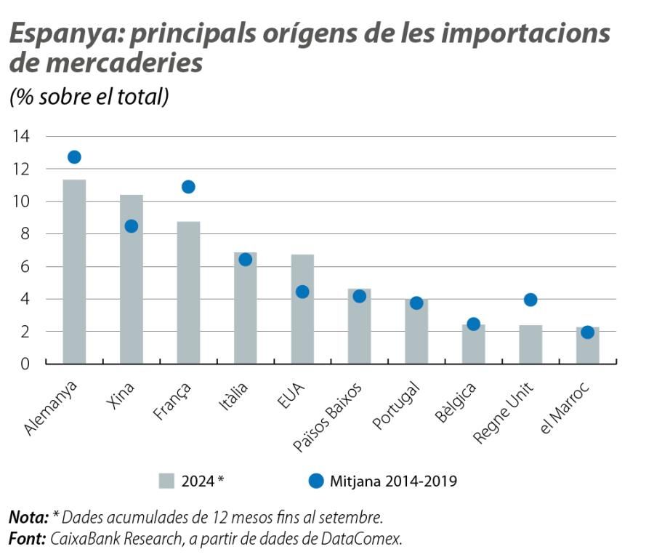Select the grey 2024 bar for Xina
pyautogui.click(x=132, y=279)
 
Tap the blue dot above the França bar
pyautogui.click(x=188, y=187)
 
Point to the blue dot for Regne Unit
pyautogui.click(x=530, y=300)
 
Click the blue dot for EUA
pyautogui.click(x=302, y=292)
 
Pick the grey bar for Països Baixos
pyautogui.click(x=359, y=327)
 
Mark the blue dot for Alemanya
pyautogui.click(x=74, y=157)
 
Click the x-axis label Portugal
pyautogui.click(x=397, y=404)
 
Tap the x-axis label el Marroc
pyautogui.click(x=569, y=407)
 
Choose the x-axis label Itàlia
pyautogui.click(x=234, y=396)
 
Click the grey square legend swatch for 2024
pyautogui.click(x=166, y=481)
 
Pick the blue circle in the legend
pyautogui.click(x=315, y=481)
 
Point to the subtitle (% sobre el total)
pyautogui.click(x=89, y=97)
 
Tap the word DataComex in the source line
pyautogui.click(x=364, y=539)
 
